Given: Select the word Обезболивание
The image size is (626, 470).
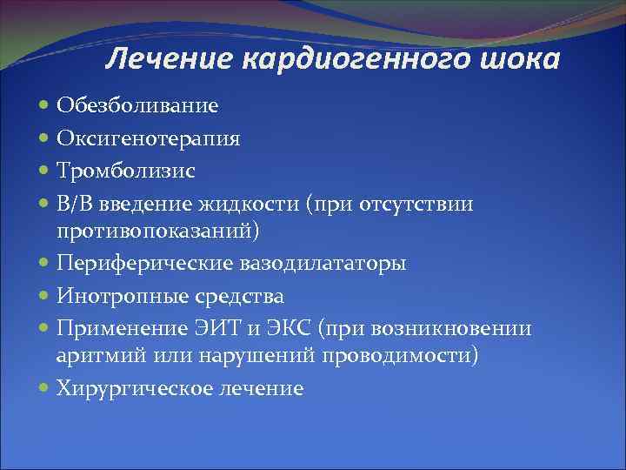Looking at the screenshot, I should [x=137, y=105].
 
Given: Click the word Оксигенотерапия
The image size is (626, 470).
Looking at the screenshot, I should [x=149, y=138].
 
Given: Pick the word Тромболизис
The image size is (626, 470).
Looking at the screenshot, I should [x=125, y=171].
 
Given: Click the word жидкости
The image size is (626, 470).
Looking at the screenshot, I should [x=256, y=204].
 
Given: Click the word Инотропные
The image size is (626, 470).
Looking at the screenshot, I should [x=115, y=297].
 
